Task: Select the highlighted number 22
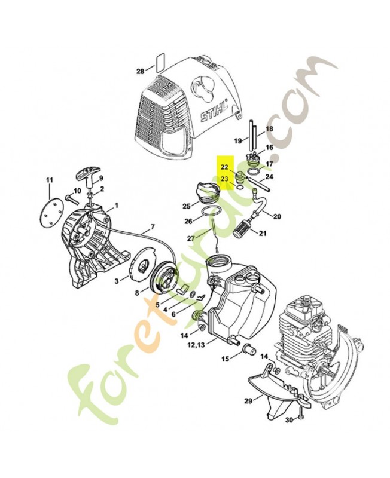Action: pos(224,167)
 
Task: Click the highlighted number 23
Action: pos(224,179)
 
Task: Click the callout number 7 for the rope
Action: pos(153,228)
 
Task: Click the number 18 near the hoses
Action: pos(269,129)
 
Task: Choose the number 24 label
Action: pos(269,177)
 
